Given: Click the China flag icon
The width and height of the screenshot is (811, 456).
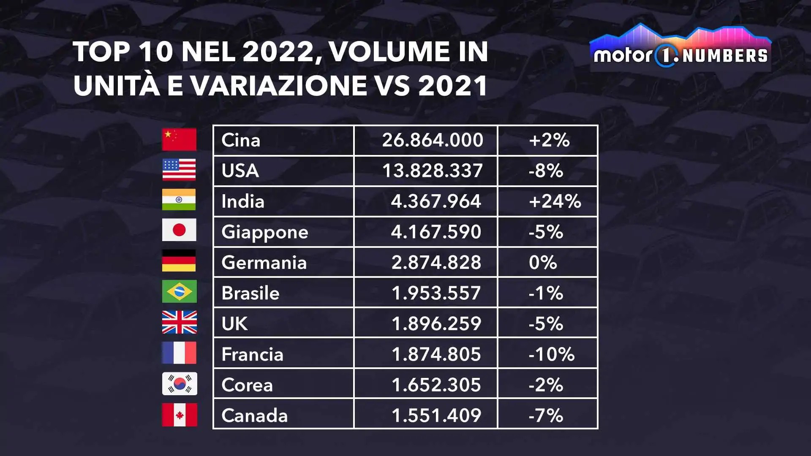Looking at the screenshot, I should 179,140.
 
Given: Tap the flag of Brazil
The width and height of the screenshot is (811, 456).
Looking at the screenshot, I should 179,291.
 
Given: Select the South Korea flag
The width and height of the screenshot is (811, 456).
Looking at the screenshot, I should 180,384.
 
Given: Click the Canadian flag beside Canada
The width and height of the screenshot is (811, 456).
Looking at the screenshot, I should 180,415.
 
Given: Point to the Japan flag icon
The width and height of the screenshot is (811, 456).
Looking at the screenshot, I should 179,230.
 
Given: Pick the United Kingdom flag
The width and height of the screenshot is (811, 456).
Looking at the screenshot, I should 180,322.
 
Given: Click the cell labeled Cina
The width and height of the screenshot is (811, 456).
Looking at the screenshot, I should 241,140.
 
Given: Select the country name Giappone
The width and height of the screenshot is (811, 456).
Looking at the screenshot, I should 265,232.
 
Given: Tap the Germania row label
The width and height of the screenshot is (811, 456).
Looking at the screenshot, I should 264,263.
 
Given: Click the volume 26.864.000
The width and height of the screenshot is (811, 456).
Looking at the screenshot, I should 433,140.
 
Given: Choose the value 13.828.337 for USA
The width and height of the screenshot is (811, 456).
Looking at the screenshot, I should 433,171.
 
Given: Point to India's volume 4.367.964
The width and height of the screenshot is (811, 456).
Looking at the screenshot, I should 436,201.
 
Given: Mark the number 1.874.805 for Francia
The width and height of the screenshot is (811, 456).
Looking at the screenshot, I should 436,354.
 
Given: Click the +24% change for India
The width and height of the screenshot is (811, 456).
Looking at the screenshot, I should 555,201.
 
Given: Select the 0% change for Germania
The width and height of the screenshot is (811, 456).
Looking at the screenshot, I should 543,263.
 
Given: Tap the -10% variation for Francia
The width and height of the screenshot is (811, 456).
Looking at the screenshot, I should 551,354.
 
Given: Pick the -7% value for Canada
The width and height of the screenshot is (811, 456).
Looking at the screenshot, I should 546,415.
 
